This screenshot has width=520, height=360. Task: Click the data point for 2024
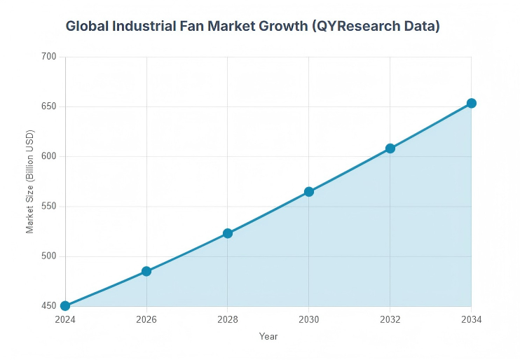(65, 306)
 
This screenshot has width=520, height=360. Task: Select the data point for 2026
(146, 271)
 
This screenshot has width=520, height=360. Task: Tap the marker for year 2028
(228, 233)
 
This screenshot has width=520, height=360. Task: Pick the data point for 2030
(309, 192)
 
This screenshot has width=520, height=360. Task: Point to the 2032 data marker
(390, 148)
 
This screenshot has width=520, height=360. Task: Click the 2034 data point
(472, 103)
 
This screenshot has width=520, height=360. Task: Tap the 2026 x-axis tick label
(146, 319)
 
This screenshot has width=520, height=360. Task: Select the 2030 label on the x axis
(309, 319)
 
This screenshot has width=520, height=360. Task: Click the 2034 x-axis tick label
(472, 319)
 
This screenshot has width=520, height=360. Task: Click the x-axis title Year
(268, 337)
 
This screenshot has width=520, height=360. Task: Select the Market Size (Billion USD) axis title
(30, 181)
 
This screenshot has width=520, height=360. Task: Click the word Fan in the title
(195, 27)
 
